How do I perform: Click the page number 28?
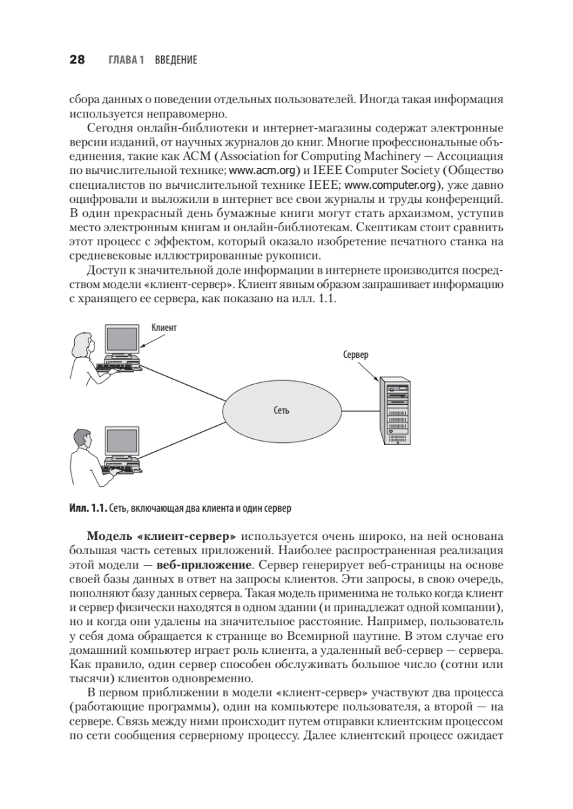coord(76,60)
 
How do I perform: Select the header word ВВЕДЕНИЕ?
coord(175,61)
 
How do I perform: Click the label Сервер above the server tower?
coord(356,355)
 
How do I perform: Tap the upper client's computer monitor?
coord(121,338)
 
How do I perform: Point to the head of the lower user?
coord(82,438)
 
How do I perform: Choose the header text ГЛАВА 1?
coord(126,61)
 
